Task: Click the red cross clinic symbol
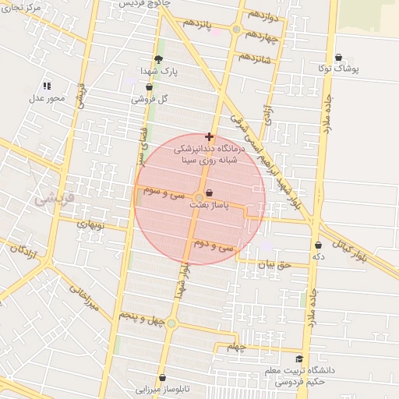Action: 209,136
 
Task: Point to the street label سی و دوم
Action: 215,245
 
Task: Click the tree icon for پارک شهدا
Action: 159,60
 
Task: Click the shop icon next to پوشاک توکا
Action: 339,57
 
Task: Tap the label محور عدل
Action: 46,98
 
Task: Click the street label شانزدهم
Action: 255,57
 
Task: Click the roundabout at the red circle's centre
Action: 199,196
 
